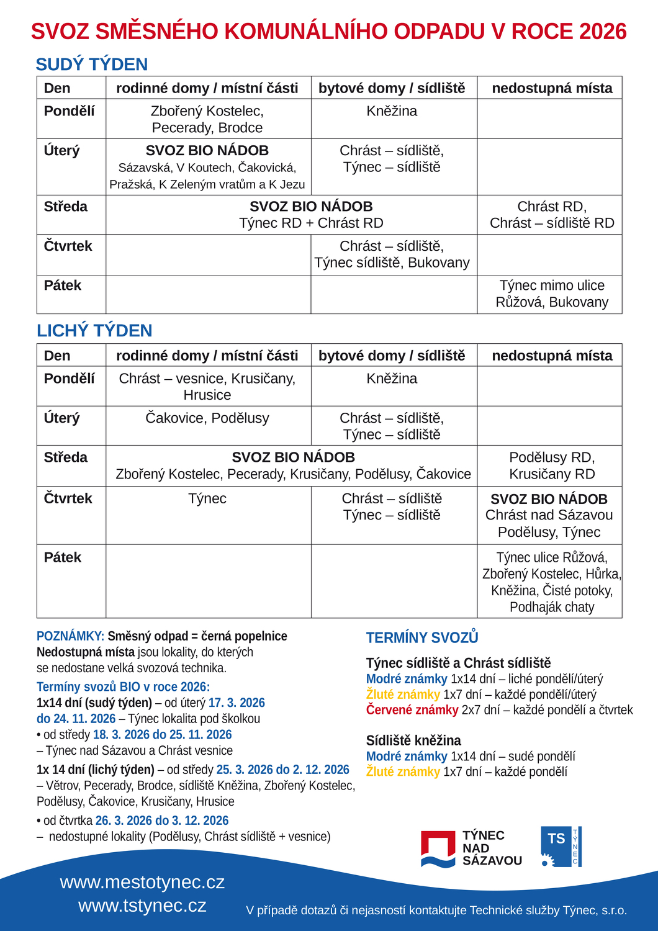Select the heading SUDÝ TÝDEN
click(92, 65)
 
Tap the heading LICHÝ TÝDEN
click(94, 331)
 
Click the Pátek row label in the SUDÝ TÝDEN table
click(63, 286)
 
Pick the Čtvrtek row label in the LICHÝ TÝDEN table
click(68, 498)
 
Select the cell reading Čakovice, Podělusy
click(207, 418)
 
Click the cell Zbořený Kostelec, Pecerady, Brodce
click(207, 119)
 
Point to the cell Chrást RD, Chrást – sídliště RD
click(552, 215)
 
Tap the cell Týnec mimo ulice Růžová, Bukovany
click(552, 294)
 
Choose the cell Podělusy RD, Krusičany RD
click(552, 465)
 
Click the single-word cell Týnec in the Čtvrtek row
click(207, 498)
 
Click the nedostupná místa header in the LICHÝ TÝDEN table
click(552, 356)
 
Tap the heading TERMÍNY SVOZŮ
click(422, 638)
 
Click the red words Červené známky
click(412, 710)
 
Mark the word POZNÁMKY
click(70, 636)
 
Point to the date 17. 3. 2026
click(237, 703)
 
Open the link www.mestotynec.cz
click(142, 882)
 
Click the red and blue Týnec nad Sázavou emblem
click(438, 848)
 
